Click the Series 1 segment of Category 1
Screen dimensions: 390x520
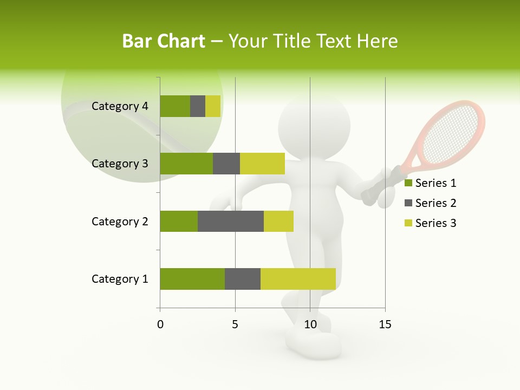[x=192, y=279]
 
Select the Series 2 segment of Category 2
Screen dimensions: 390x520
[x=231, y=221]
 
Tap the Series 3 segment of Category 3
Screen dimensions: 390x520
[x=262, y=164]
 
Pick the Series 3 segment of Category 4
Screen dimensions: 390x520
[x=213, y=106]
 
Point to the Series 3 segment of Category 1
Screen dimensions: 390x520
[x=298, y=279]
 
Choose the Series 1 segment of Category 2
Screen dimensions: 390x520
[x=179, y=221]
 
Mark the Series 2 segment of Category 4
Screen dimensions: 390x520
[x=198, y=106]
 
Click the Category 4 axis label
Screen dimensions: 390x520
[x=120, y=106]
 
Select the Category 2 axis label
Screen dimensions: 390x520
[x=120, y=221]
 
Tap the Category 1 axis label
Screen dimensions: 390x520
[x=120, y=279]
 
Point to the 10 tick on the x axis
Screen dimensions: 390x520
[x=310, y=324]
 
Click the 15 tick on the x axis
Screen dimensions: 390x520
[x=385, y=324]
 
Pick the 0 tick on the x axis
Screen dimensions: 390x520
[x=160, y=324]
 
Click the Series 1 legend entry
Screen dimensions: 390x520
[x=430, y=183]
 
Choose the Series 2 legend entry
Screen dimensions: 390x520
[x=430, y=203]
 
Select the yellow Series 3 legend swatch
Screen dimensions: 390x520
[x=408, y=223]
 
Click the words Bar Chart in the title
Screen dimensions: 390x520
[x=163, y=41]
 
